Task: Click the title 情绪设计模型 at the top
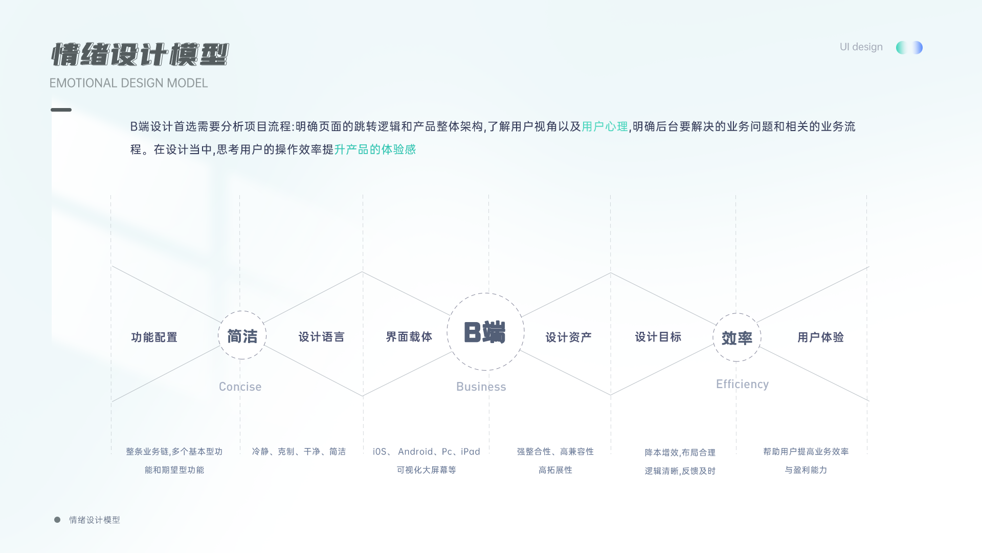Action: pos(140,55)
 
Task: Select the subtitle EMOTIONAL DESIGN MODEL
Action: pos(128,83)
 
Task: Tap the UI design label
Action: pos(861,47)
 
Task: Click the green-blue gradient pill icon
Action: pos(909,48)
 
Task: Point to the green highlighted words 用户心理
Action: pos(605,126)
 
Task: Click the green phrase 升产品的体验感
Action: pos(375,150)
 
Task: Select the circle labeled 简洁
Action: pos(242,335)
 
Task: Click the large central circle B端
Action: pos(485,332)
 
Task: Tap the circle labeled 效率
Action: pos(736,337)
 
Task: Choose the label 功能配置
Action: pos(154,337)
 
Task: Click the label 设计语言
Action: pos(321,337)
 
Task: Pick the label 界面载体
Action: pos(409,337)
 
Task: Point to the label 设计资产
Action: pos(568,337)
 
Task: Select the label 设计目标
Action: pos(658,337)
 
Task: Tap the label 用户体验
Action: pos(820,337)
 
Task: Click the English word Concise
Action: pos(240,387)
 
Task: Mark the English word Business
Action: pos(481,387)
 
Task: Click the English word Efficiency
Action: pos(742,384)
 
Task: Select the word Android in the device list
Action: pos(415,452)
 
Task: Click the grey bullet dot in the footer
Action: pos(57,520)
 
